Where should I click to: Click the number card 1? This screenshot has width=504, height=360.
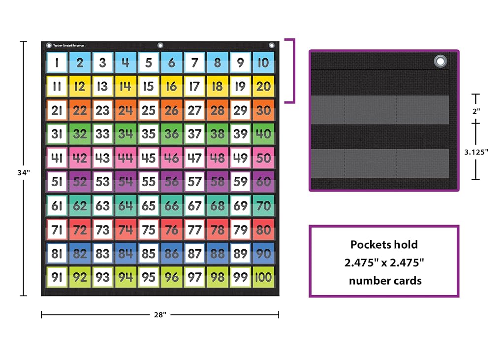pyautogui.click(x=57, y=62)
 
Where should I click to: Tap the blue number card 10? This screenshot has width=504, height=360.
pyautogui.click(x=263, y=62)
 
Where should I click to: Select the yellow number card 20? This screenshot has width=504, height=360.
pyautogui.click(x=263, y=86)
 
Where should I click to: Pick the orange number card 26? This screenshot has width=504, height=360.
pyautogui.click(x=171, y=110)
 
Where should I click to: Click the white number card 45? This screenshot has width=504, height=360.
pyautogui.click(x=149, y=158)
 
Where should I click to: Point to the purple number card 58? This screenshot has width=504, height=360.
pyautogui.click(x=217, y=182)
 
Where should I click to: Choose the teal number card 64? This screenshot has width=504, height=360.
pyautogui.click(x=126, y=205)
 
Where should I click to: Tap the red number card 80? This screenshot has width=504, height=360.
pyautogui.click(x=263, y=229)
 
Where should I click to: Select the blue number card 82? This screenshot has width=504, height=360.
pyautogui.click(x=80, y=254)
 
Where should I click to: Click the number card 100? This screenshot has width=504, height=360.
pyautogui.click(x=263, y=277)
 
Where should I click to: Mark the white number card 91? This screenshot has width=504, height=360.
pyautogui.click(x=57, y=277)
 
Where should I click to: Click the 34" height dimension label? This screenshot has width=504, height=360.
pyautogui.click(x=24, y=173)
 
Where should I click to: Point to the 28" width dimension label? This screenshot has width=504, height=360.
pyautogui.click(x=160, y=315)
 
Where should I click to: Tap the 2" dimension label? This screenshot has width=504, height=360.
pyautogui.click(x=476, y=111)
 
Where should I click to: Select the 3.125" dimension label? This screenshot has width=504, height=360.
pyautogui.click(x=476, y=152)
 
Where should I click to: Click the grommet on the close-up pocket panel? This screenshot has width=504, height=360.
pyautogui.click(x=440, y=61)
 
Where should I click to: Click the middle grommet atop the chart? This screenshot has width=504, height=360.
pyautogui.click(x=160, y=45)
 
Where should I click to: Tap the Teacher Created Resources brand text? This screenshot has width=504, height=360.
pyautogui.click(x=69, y=46)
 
